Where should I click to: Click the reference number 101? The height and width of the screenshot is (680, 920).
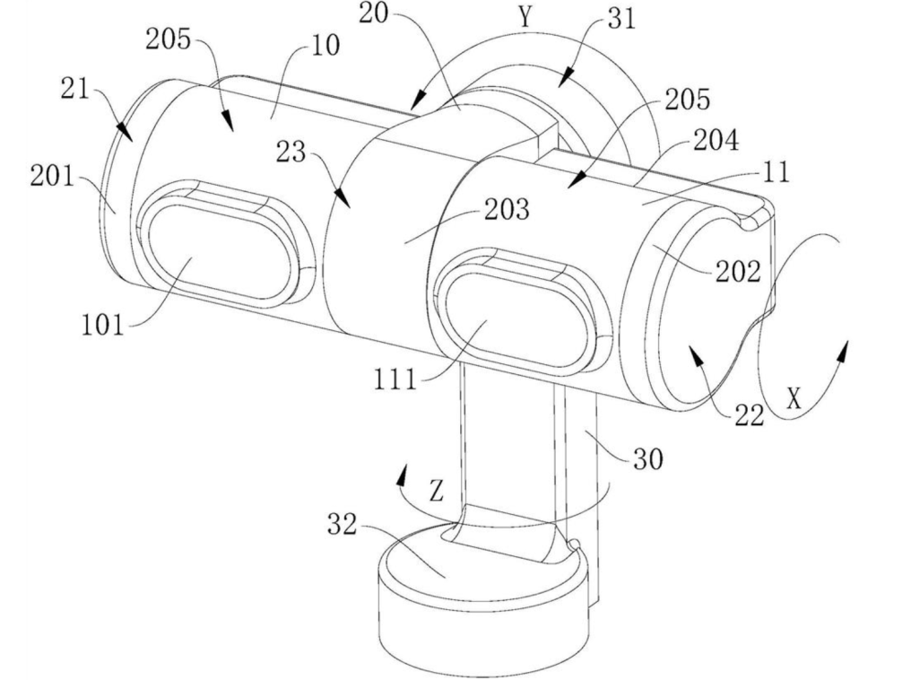pyautogui.click(x=103, y=325)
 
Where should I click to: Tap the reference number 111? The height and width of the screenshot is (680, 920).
pyautogui.click(x=395, y=380)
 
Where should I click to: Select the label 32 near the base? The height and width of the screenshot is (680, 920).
pyautogui.click(x=342, y=525)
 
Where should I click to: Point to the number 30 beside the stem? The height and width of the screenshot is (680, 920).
pyautogui.click(x=647, y=458)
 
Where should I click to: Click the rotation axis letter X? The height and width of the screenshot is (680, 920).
pyautogui.click(x=794, y=399)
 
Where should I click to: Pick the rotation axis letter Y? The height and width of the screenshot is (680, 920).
pyautogui.click(x=525, y=17)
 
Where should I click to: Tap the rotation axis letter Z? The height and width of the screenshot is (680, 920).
pyautogui.click(x=436, y=491)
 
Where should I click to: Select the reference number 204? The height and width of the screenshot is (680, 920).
pyautogui.click(x=716, y=141)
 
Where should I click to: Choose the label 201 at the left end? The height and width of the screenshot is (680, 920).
pyautogui.click(x=53, y=176)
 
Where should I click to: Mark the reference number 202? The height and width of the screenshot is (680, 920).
pyautogui.click(x=738, y=272)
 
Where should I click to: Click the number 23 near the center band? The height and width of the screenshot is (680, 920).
pyautogui.click(x=291, y=153)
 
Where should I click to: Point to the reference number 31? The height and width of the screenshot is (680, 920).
pyautogui.click(x=622, y=20)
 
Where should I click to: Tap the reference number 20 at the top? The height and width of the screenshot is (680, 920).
pyautogui.click(x=374, y=13)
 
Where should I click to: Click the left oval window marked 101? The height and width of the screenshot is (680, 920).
pyautogui.click(x=220, y=252)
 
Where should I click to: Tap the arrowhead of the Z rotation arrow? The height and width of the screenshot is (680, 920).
pyautogui.click(x=402, y=475)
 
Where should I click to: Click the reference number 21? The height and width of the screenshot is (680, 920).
pyautogui.click(x=74, y=90)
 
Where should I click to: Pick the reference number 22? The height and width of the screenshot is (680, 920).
pyautogui.click(x=749, y=416)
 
